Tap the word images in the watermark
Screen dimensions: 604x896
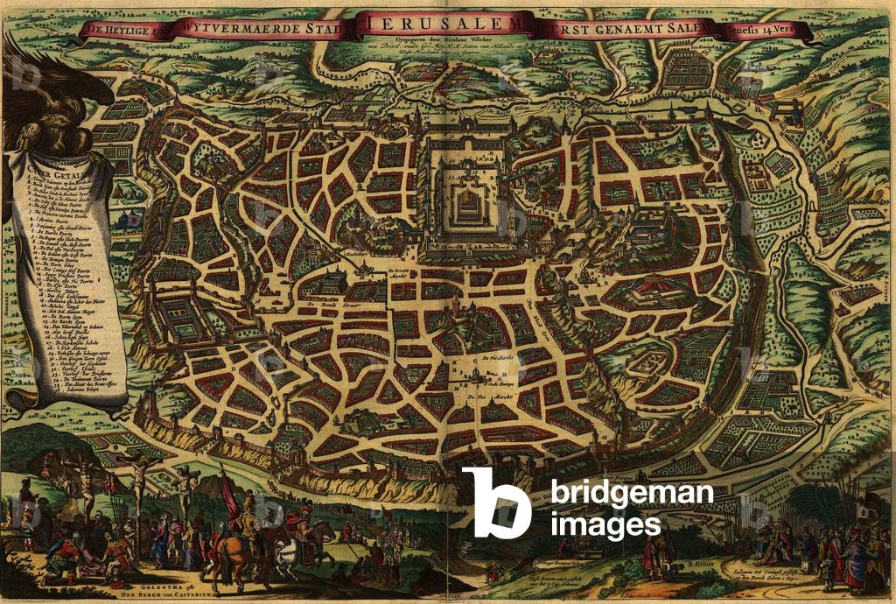(605, 524)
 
